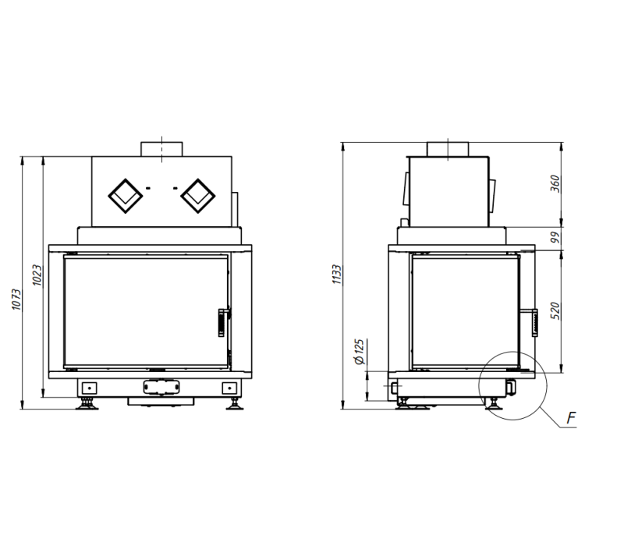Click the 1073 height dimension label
click(16, 300)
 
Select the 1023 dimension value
click(37, 275)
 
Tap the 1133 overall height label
click(337, 275)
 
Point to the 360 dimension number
click(555, 183)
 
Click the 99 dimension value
click(555, 238)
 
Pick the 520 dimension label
click(555, 310)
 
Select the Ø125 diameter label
click(359, 352)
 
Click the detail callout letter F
click(571, 418)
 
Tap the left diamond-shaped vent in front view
click(126, 196)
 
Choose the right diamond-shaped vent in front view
click(198, 196)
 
